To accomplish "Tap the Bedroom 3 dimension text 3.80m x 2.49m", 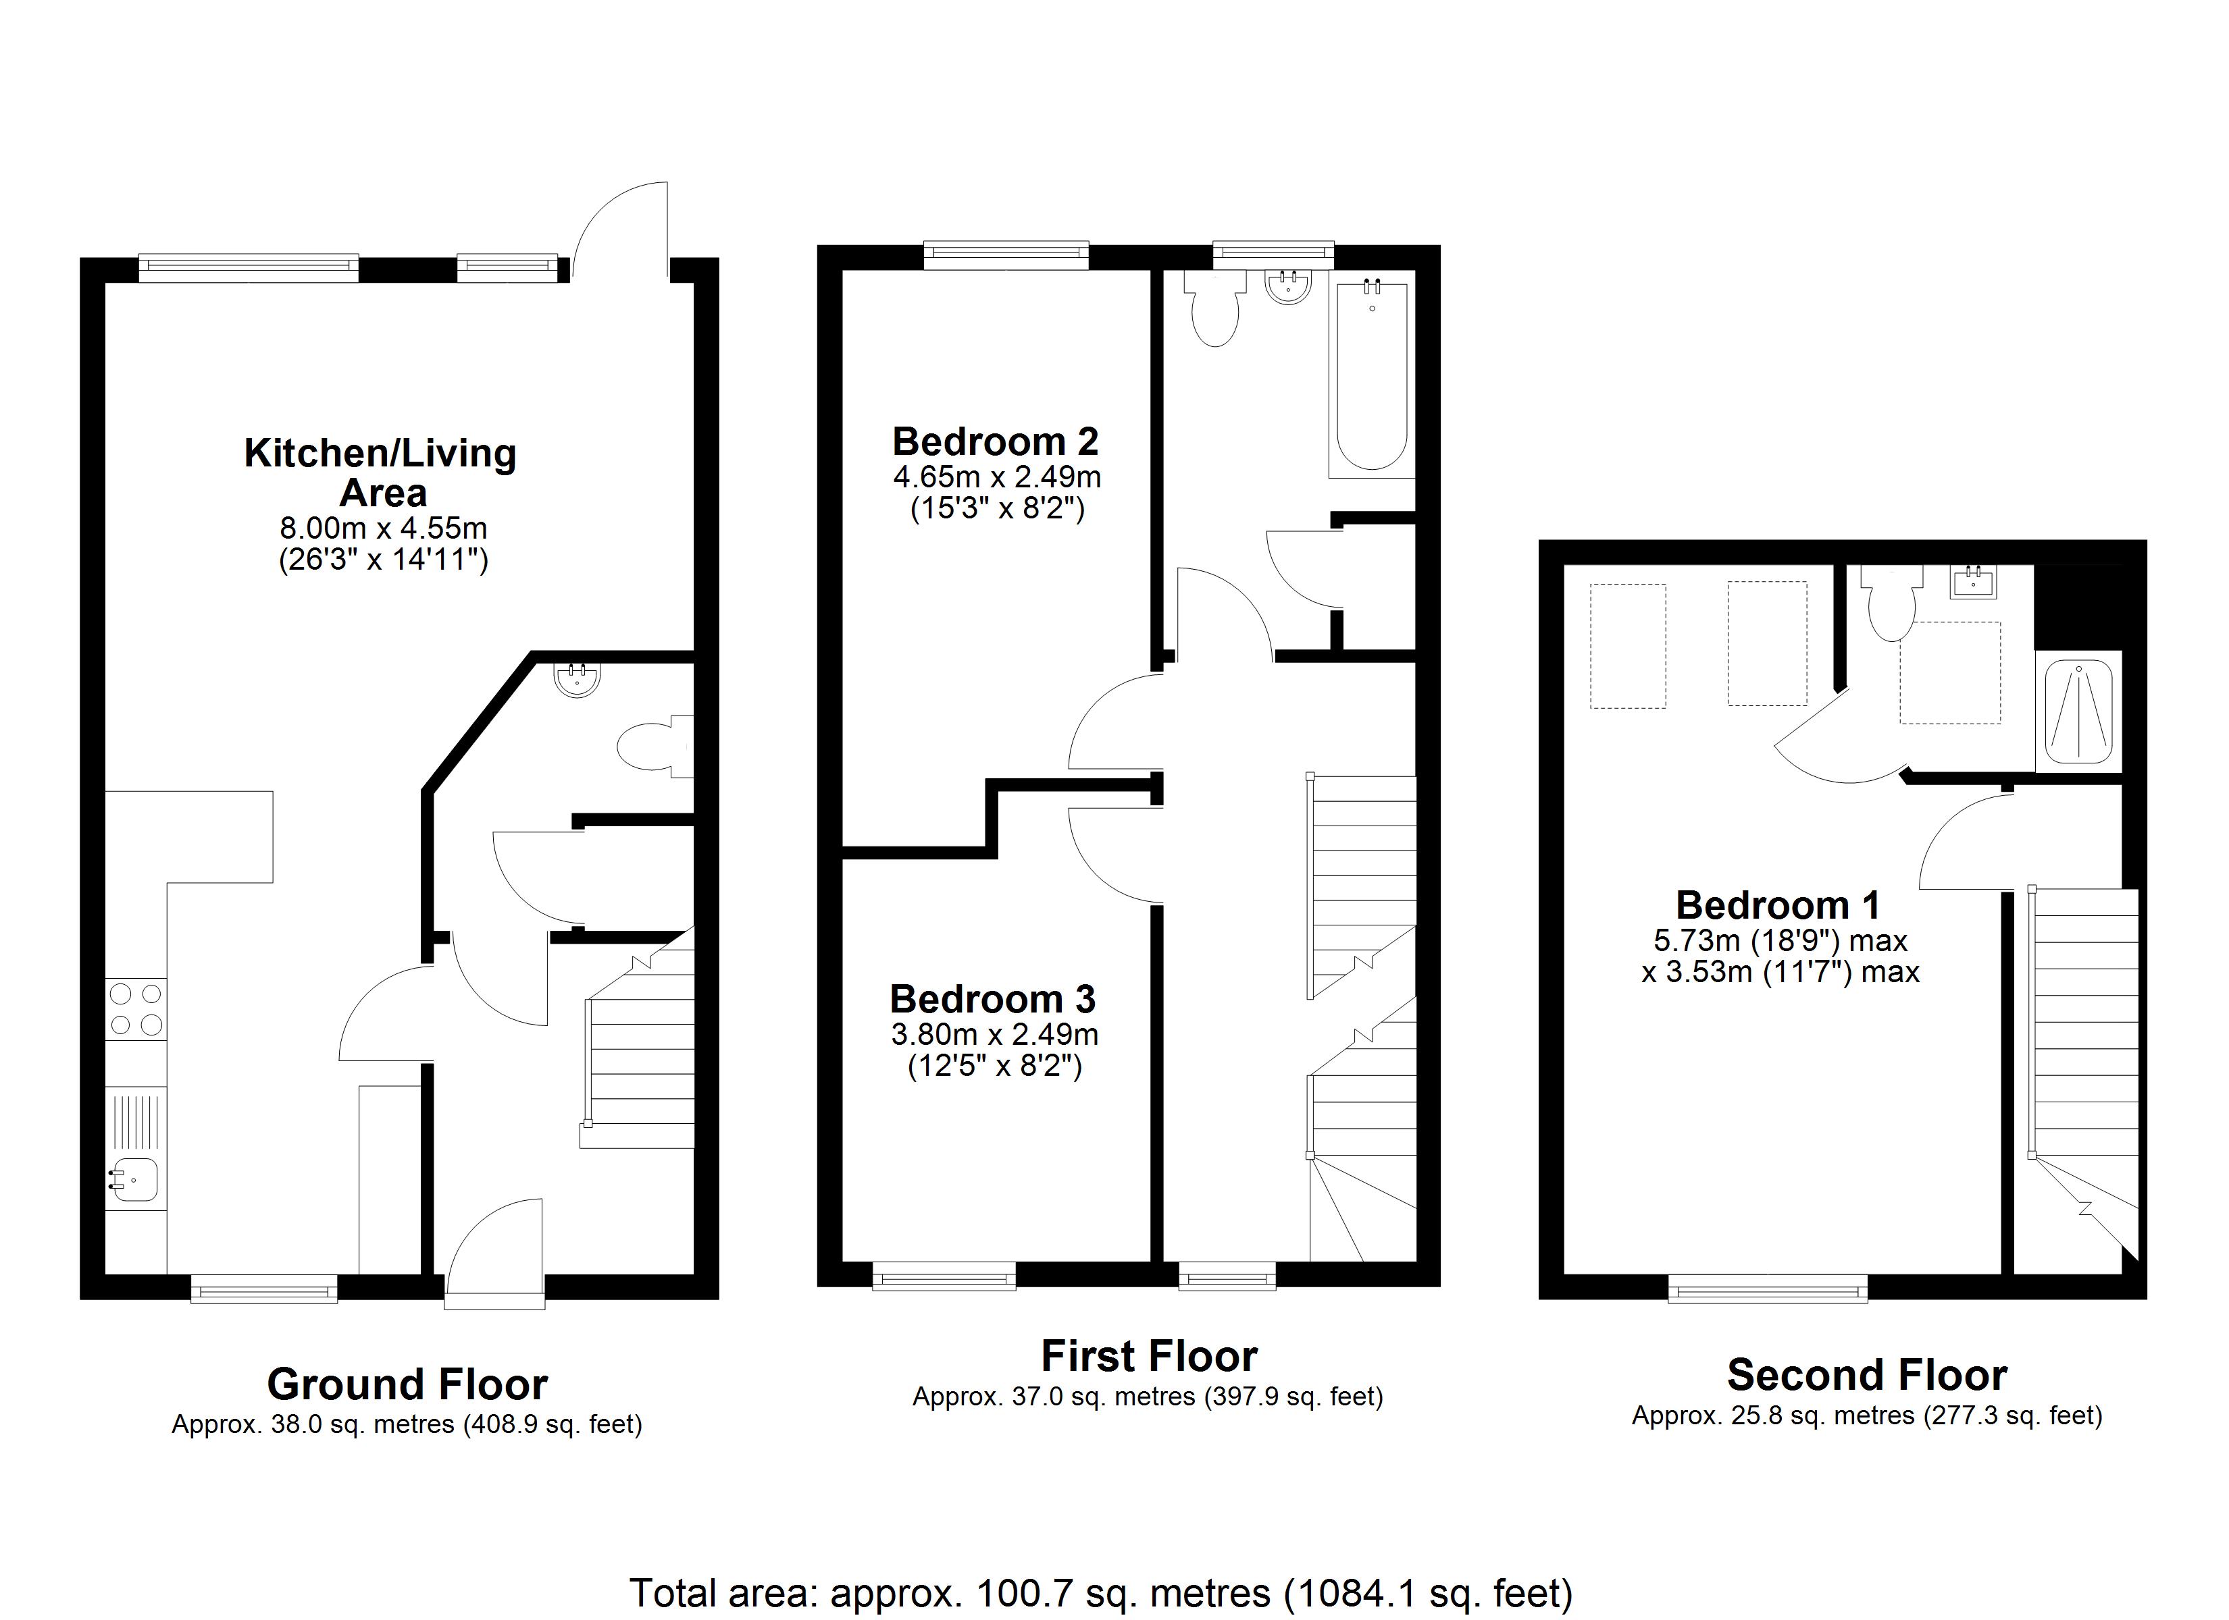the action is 994,1035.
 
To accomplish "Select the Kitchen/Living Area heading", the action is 380,473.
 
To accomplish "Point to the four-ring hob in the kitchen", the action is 136,1009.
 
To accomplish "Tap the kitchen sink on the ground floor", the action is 136,1147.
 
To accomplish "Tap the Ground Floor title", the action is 407,1384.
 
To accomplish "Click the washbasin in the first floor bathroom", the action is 1287,287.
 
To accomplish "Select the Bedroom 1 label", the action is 1778,905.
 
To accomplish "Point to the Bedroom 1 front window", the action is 1768,1288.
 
